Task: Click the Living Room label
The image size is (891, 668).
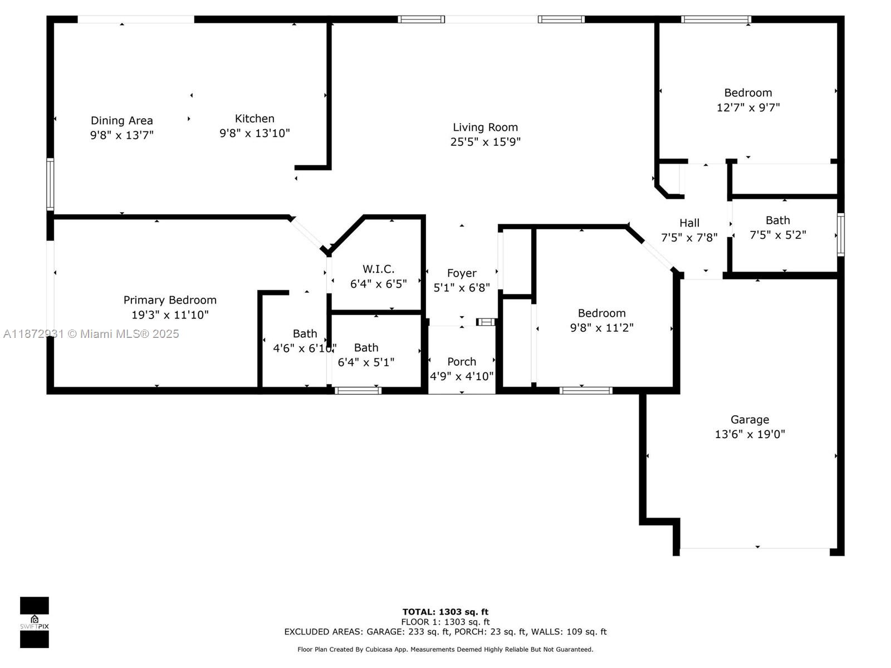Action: [x=485, y=127]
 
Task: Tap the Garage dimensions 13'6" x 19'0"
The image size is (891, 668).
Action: [x=750, y=434]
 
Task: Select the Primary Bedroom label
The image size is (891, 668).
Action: [x=170, y=300]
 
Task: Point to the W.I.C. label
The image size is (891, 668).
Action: [x=378, y=269]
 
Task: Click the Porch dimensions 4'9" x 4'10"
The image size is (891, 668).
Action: [x=462, y=376]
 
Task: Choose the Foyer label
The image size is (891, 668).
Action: [x=462, y=273]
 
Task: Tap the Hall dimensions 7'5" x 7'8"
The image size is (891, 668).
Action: [x=689, y=238]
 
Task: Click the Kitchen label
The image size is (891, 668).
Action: [x=254, y=119]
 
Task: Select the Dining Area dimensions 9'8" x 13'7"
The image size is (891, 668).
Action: [x=121, y=135]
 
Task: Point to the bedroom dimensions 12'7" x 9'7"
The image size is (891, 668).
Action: [x=748, y=107]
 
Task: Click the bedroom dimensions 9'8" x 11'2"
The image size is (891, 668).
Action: [x=601, y=328]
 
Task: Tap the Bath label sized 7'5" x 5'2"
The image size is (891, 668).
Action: [x=777, y=220]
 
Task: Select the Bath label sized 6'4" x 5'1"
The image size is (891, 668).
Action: [x=366, y=348]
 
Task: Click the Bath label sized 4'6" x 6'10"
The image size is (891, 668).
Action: [x=305, y=334]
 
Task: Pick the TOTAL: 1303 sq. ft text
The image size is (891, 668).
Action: [x=445, y=612]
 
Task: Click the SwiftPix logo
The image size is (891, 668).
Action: [x=35, y=622]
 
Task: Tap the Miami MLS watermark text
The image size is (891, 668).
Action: [x=91, y=334]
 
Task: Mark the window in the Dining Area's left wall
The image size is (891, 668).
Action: [x=50, y=184]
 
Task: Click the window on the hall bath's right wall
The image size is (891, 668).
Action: [x=840, y=234]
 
